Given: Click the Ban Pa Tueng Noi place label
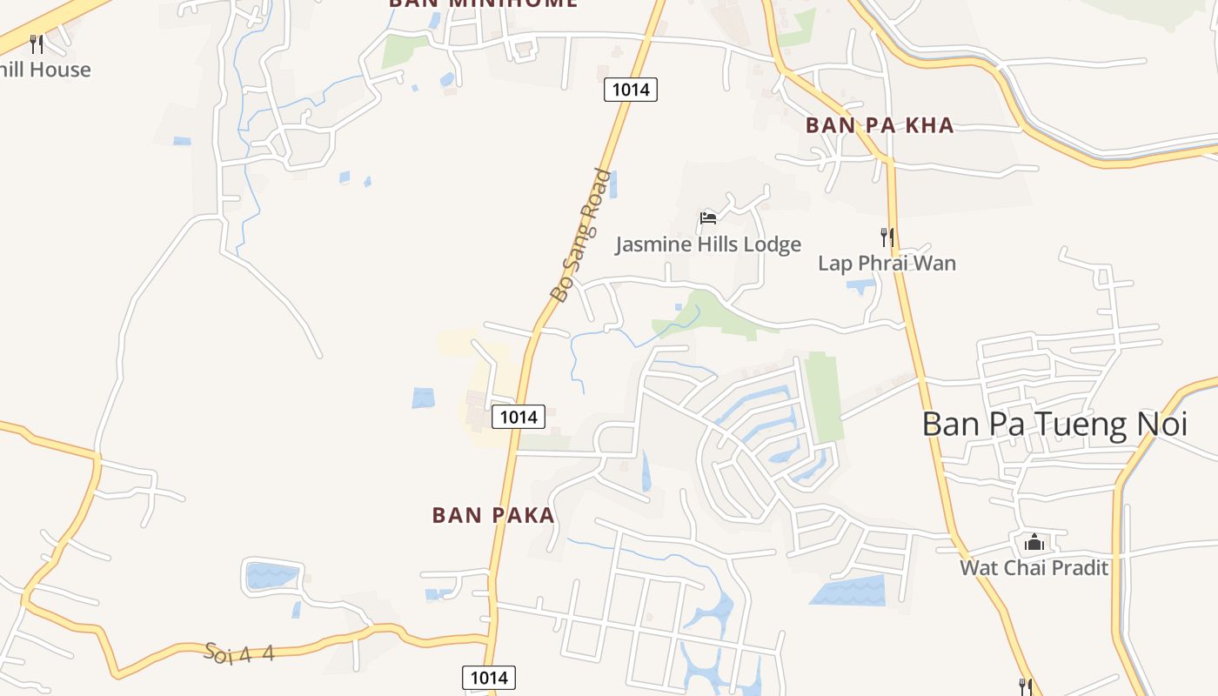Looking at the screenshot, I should [1054, 424].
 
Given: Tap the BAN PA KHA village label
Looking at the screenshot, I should [880, 125].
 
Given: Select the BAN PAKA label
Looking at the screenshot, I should [493, 515].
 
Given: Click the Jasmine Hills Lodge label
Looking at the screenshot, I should [708, 244].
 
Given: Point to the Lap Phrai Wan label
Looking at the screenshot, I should [887, 263].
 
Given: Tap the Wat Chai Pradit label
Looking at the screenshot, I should [1034, 568].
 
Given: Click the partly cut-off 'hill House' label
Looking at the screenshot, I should [44, 70].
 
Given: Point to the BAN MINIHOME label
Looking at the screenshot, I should [483, 3].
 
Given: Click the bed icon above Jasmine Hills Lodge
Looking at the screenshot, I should [708, 217].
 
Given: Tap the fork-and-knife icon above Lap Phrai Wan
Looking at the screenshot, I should [887, 237].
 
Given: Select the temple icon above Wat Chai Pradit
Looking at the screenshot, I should [1034, 543].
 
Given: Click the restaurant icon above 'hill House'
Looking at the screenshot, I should [37, 43].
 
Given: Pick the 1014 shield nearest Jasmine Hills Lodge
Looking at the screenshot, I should [631, 89].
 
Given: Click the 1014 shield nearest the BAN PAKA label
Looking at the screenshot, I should [519, 417].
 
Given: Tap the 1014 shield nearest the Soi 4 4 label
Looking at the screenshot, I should [488, 678].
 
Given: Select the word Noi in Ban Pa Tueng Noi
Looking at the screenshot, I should [1163, 424].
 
